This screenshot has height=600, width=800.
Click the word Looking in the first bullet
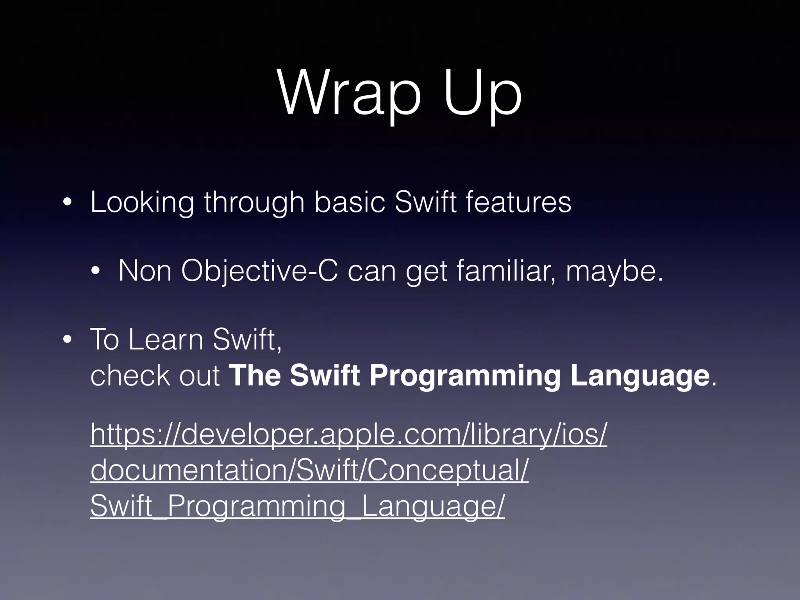[142, 202]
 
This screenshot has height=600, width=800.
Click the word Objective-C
[259, 271]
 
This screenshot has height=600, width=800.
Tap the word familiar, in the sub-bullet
[508, 271]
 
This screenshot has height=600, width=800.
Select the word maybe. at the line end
[614, 271]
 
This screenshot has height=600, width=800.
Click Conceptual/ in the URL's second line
[447, 470]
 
